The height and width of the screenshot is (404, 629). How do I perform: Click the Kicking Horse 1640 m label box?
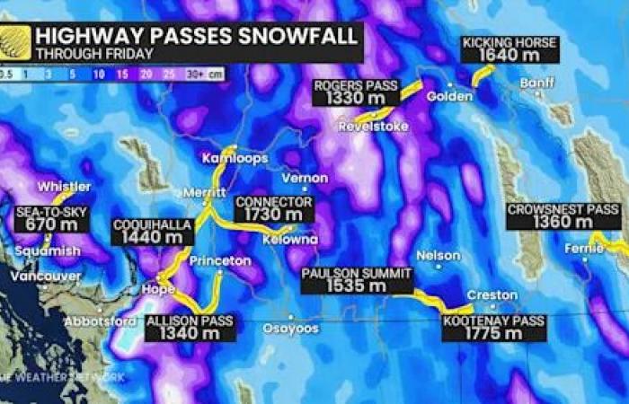[x=509, y=50]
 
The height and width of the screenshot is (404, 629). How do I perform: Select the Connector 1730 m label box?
[x=273, y=209]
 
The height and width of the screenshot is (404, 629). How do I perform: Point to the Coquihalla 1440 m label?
[x=153, y=232]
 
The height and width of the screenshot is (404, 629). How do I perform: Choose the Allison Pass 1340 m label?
[x=190, y=327]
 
